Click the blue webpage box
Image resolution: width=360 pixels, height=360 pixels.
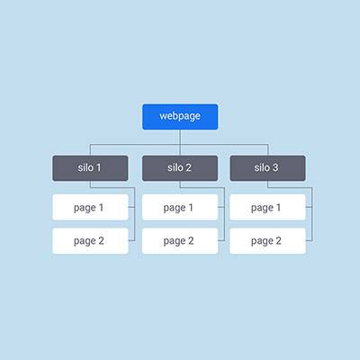click(x=180, y=117)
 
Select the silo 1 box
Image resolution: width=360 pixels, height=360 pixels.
click(x=90, y=168)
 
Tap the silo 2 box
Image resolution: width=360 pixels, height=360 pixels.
click(x=180, y=168)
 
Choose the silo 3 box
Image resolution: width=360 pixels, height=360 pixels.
click(x=267, y=168)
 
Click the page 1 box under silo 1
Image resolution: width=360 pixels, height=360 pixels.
click(x=90, y=207)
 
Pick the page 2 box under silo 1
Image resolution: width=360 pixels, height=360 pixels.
click(x=90, y=241)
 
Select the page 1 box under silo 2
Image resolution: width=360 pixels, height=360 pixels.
click(x=180, y=207)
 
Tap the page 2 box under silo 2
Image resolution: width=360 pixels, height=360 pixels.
click(x=180, y=241)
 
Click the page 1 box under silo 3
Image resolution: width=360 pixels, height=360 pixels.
click(x=267, y=207)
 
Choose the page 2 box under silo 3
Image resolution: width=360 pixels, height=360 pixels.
click(x=267, y=241)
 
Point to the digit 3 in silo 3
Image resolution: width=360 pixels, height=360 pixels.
click(x=275, y=167)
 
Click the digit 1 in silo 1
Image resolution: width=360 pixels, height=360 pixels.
click(x=98, y=167)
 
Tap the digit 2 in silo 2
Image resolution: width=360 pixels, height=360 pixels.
click(x=188, y=167)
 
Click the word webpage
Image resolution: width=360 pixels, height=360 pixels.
click(x=180, y=116)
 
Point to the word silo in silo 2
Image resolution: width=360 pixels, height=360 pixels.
click(x=175, y=167)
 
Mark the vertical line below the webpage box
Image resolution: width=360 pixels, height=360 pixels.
click(x=180, y=142)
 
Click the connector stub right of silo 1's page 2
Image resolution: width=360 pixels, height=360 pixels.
click(x=131, y=240)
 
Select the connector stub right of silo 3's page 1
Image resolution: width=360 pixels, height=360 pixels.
click(x=309, y=207)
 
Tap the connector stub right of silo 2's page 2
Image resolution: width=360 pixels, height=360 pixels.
click(x=221, y=240)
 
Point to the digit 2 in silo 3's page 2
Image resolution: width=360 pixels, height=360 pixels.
click(x=278, y=240)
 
